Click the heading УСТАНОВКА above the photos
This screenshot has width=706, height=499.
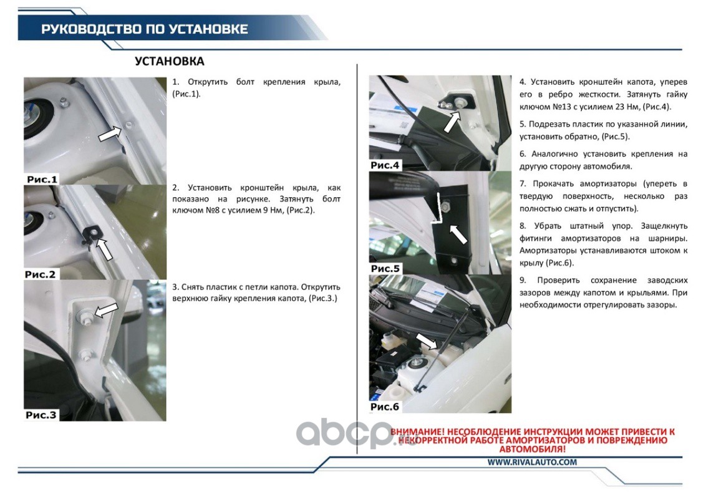(x=169, y=61)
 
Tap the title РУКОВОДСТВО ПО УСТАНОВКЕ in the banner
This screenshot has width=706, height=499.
(x=145, y=29)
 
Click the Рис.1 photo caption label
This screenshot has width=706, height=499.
(x=42, y=179)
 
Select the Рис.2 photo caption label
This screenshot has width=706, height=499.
(x=40, y=274)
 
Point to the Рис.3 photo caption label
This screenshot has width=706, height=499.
(x=41, y=415)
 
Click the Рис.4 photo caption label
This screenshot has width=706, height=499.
(x=385, y=165)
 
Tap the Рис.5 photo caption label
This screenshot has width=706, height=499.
(x=385, y=268)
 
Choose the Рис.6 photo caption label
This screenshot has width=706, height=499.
(x=385, y=407)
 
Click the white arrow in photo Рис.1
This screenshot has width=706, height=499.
(x=110, y=133)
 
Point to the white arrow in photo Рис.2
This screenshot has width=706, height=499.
(x=104, y=249)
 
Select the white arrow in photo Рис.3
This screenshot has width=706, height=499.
(x=105, y=310)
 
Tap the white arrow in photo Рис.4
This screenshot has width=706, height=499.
(x=452, y=122)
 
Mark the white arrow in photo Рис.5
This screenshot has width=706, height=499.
(x=458, y=234)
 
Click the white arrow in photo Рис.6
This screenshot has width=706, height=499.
(x=427, y=341)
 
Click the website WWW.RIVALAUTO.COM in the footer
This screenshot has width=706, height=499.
(x=532, y=462)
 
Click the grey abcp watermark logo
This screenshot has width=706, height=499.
(x=344, y=434)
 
